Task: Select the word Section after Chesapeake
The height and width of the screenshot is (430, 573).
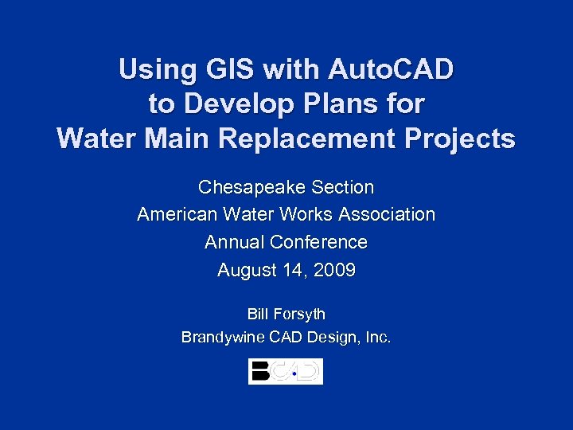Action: click(x=343, y=188)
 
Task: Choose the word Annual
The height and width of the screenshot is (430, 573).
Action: click(x=234, y=242)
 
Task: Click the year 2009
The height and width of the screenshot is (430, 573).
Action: click(x=335, y=271)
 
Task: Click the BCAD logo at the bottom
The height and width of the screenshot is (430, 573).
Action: click(x=286, y=371)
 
